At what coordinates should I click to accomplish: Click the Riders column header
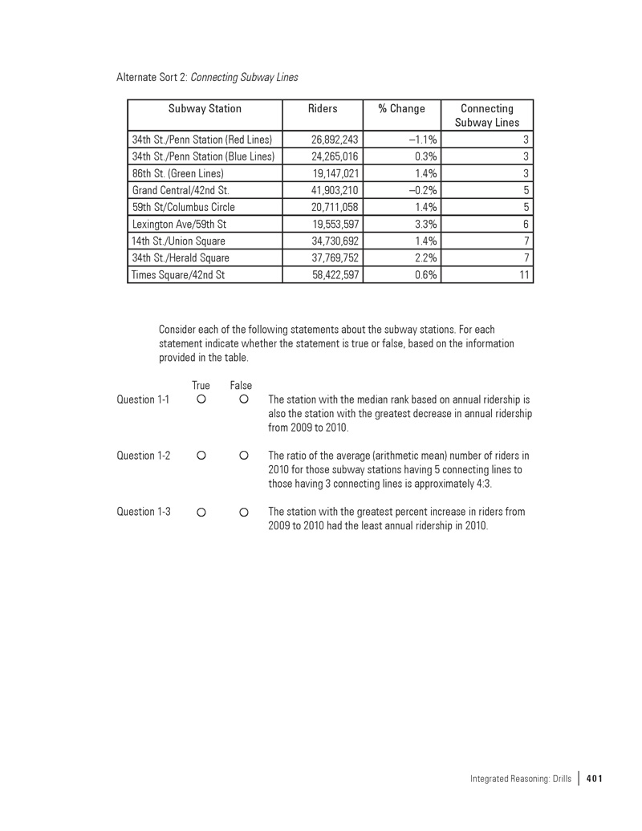(323, 109)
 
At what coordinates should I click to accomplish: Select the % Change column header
(401, 109)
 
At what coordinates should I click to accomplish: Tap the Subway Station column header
(205, 109)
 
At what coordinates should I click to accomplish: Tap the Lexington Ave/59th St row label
(179, 224)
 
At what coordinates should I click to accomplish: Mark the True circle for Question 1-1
(201, 399)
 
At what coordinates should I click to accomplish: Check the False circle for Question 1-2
(242, 456)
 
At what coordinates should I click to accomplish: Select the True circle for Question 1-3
(201, 511)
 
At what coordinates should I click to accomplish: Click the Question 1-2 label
(144, 456)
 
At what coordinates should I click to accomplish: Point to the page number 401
(595, 778)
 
